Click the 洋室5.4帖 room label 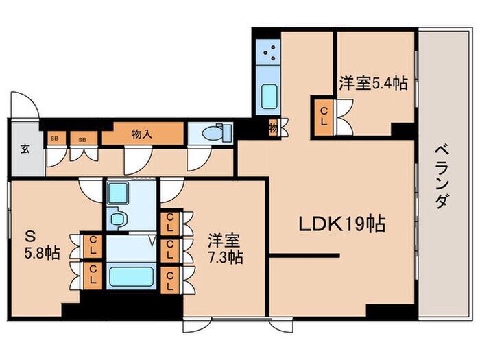pos(373,83)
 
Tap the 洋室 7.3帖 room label pos(226,250)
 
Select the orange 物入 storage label pos(141,134)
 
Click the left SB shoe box pos(53,139)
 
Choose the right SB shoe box pos(82,139)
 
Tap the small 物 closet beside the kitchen pos(274,128)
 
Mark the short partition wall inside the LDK pos(304,256)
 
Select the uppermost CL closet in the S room pos(91,244)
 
